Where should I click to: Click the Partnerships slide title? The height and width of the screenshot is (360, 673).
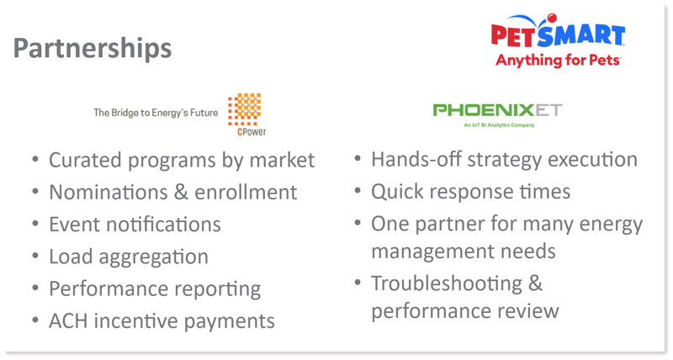[x=93, y=49]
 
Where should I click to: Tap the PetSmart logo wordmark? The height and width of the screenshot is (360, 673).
[x=558, y=35]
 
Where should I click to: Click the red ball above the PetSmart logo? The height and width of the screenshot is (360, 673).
[x=552, y=18]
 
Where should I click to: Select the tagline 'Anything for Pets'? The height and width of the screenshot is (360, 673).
[x=558, y=60]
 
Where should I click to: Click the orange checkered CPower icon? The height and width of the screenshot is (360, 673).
[x=244, y=109]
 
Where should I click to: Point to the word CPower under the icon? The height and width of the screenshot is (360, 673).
[x=252, y=132]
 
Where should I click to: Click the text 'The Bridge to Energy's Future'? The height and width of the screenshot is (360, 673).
[x=156, y=113]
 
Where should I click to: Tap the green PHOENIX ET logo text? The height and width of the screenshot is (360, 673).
[x=497, y=110]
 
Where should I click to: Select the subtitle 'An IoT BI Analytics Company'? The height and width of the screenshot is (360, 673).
[x=499, y=125]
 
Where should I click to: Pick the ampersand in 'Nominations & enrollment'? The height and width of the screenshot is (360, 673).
[x=181, y=193]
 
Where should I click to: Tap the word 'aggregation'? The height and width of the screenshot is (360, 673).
[x=153, y=257]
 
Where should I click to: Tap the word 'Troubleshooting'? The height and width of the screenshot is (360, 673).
[x=447, y=284]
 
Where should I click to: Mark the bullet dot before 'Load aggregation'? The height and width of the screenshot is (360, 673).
[x=35, y=256]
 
